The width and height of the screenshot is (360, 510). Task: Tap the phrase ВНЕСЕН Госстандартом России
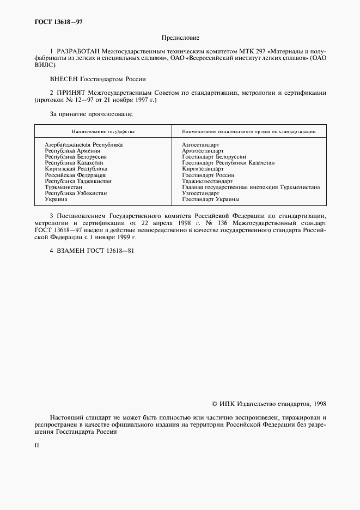(97, 79)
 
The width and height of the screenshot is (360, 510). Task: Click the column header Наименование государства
(103, 131)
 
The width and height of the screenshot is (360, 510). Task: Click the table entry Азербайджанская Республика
(83, 144)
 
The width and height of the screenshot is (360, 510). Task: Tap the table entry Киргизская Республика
(76, 169)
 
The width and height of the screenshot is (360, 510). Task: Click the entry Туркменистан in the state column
(63, 187)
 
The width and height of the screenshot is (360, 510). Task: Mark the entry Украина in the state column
(56, 199)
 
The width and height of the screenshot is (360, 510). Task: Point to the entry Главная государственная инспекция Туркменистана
(251, 187)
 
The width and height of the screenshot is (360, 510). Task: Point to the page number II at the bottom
(36, 445)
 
